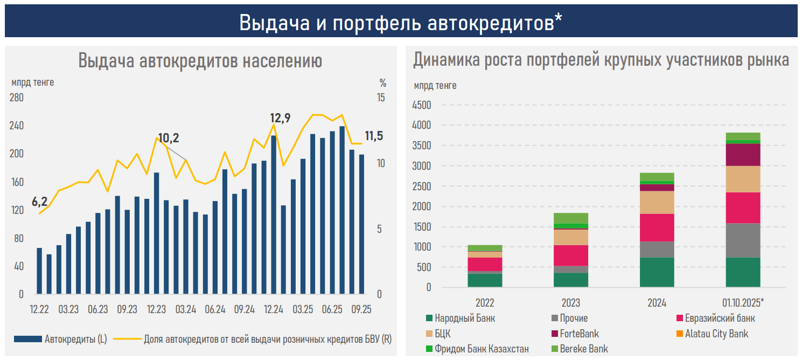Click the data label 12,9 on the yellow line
pyautogui.click(x=280, y=118)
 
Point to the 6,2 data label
pyautogui.click(x=40, y=202)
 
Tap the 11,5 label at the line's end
pyautogui.click(x=374, y=136)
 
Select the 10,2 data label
pyautogui.click(x=169, y=138)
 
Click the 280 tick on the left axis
pyautogui.click(x=17, y=98)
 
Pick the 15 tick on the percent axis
pyautogui.click(x=381, y=98)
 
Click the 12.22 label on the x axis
pyautogui.click(x=39, y=310)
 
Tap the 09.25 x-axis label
pyautogui.click(x=361, y=310)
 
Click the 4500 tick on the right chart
pyautogui.click(x=421, y=105)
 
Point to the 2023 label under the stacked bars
pyautogui.click(x=570, y=302)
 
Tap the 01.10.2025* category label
pyautogui.click(x=743, y=302)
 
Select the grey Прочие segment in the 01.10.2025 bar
pyautogui.click(x=743, y=240)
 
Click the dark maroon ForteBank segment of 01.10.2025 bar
pyautogui.click(x=743, y=155)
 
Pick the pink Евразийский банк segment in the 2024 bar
pyautogui.click(x=657, y=227)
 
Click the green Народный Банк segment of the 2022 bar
pyautogui.click(x=485, y=280)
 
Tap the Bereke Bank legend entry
pyautogui.click(x=584, y=349)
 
